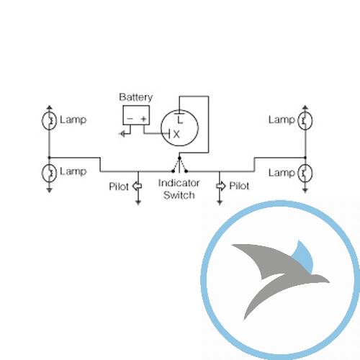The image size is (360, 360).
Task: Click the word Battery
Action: click(x=136, y=97)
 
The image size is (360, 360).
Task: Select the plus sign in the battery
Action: click(x=143, y=119)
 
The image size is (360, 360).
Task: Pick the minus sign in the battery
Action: click(x=130, y=119)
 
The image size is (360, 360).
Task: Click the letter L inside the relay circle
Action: click(x=180, y=120)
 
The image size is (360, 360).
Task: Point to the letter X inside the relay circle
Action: click(x=176, y=135)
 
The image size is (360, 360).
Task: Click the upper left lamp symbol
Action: click(x=49, y=120)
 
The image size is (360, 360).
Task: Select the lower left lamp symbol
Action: click(x=49, y=172)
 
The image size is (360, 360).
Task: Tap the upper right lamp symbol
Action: click(x=305, y=120)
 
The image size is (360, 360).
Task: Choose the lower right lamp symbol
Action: click(x=305, y=173)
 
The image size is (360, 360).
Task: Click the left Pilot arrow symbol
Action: click(x=137, y=186)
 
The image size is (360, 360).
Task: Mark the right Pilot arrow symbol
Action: click(x=221, y=186)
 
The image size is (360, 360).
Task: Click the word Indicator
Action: click(x=179, y=183)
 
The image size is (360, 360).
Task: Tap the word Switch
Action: click(x=179, y=195)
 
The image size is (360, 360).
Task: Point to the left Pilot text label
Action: click(x=119, y=186)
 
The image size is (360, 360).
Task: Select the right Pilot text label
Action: click(x=239, y=186)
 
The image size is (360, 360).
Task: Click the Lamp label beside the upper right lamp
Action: click(x=282, y=120)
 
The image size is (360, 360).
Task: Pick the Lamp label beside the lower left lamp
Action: click(x=73, y=172)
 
